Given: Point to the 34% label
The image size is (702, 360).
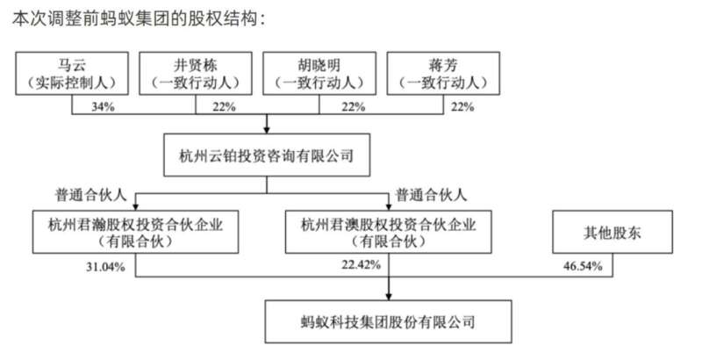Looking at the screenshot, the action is [x=103, y=106].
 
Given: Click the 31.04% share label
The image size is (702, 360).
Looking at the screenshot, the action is [x=105, y=267].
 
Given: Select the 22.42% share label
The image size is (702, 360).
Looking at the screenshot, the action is [x=362, y=264].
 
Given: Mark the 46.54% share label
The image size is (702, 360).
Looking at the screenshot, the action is [x=583, y=266].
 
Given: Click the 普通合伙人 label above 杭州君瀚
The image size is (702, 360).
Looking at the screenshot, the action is [x=91, y=195].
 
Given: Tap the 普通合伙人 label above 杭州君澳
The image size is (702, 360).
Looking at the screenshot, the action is [x=431, y=195].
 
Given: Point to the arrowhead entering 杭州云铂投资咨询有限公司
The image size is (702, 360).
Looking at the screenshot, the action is [x=267, y=130].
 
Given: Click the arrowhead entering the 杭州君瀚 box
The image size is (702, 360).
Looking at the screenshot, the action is [x=135, y=207].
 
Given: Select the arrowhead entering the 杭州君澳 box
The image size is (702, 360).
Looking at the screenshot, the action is [x=389, y=207].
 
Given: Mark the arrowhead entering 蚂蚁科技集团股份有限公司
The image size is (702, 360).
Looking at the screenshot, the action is [x=389, y=297].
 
